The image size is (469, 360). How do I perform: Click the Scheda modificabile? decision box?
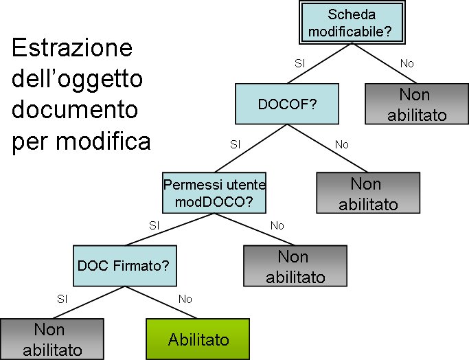(352, 23)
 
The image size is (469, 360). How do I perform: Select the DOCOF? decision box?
(287, 104)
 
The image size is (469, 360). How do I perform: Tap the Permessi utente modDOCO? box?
(214, 192)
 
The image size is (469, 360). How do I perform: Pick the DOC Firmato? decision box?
(123, 265)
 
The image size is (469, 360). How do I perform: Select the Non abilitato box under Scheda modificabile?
(416, 104)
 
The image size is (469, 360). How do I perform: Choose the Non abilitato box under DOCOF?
(367, 193)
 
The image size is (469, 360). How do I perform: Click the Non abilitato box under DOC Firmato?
(52, 339)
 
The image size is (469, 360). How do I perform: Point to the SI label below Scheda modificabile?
(299, 63)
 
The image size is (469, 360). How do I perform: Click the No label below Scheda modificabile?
(407, 63)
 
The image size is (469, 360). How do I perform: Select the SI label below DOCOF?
(236, 144)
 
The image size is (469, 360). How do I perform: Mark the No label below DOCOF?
(342, 144)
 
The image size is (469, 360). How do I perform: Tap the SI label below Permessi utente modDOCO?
(154, 225)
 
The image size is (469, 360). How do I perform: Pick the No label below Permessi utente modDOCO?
(277, 225)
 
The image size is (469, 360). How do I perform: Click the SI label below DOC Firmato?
(62, 299)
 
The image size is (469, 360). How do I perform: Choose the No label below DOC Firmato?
(185, 299)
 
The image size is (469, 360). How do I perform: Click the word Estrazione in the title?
(72, 50)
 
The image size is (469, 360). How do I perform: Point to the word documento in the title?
(75, 111)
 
